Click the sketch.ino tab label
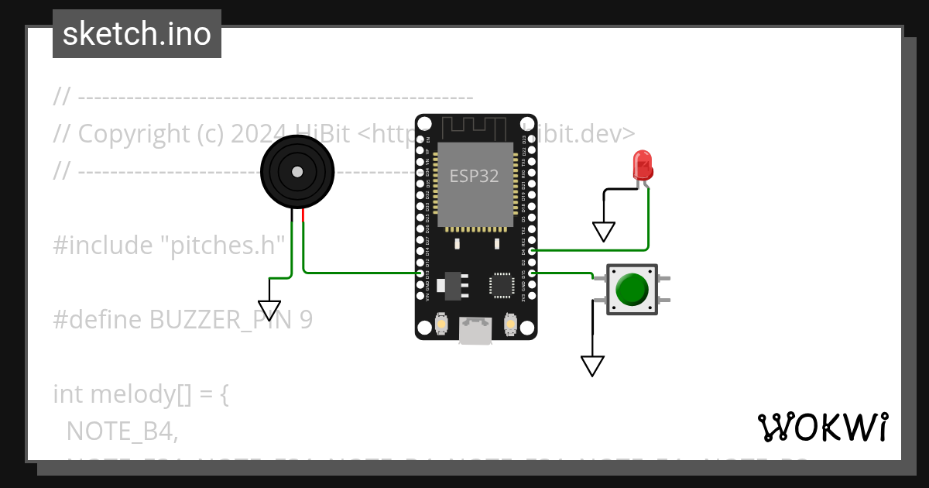[137, 34]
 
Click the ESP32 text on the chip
[475, 176]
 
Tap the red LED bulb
[643, 164]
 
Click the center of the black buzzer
[297, 171]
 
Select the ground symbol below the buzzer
[269, 310]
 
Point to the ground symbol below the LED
[603, 231]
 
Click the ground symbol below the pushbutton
[592, 366]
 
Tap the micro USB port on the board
[475, 331]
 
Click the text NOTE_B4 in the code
[122, 431]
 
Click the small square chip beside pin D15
[501, 285]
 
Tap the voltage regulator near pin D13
[451, 285]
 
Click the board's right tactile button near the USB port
[509, 323]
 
